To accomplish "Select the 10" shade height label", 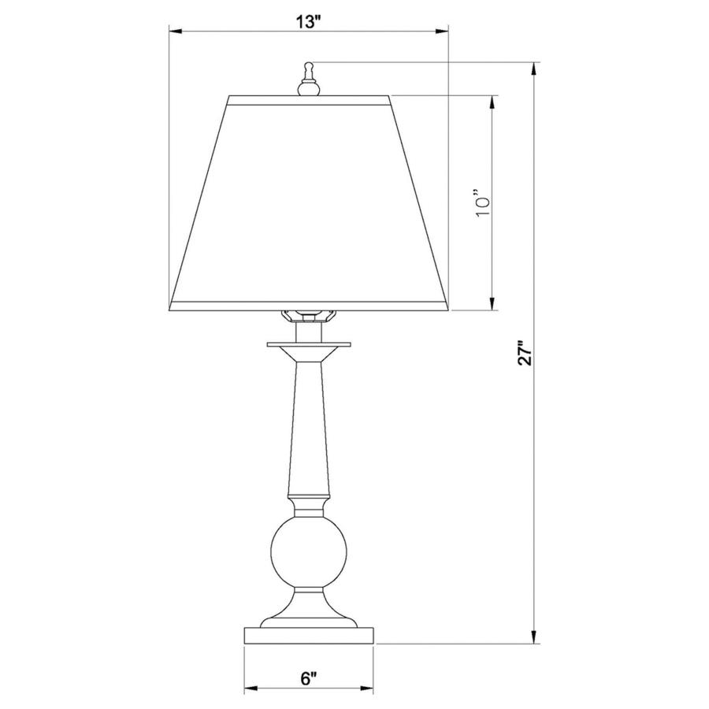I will pyautogui.click(x=482, y=202).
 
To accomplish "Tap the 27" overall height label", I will pyautogui.click(x=525, y=353).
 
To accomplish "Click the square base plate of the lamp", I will pyautogui.click(x=310, y=636).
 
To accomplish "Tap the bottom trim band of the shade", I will pyautogui.click(x=310, y=306).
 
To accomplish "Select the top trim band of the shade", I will pyautogui.click(x=310, y=100).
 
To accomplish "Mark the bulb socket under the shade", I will pyautogui.click(x=309, y=317).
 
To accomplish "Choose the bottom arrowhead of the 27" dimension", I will pyautogui.click(x=536, y=638).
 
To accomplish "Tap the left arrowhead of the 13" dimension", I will pyautogui.click(x=176, y=32).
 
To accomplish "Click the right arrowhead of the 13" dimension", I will pyautogui.click(x=443, y=32).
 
